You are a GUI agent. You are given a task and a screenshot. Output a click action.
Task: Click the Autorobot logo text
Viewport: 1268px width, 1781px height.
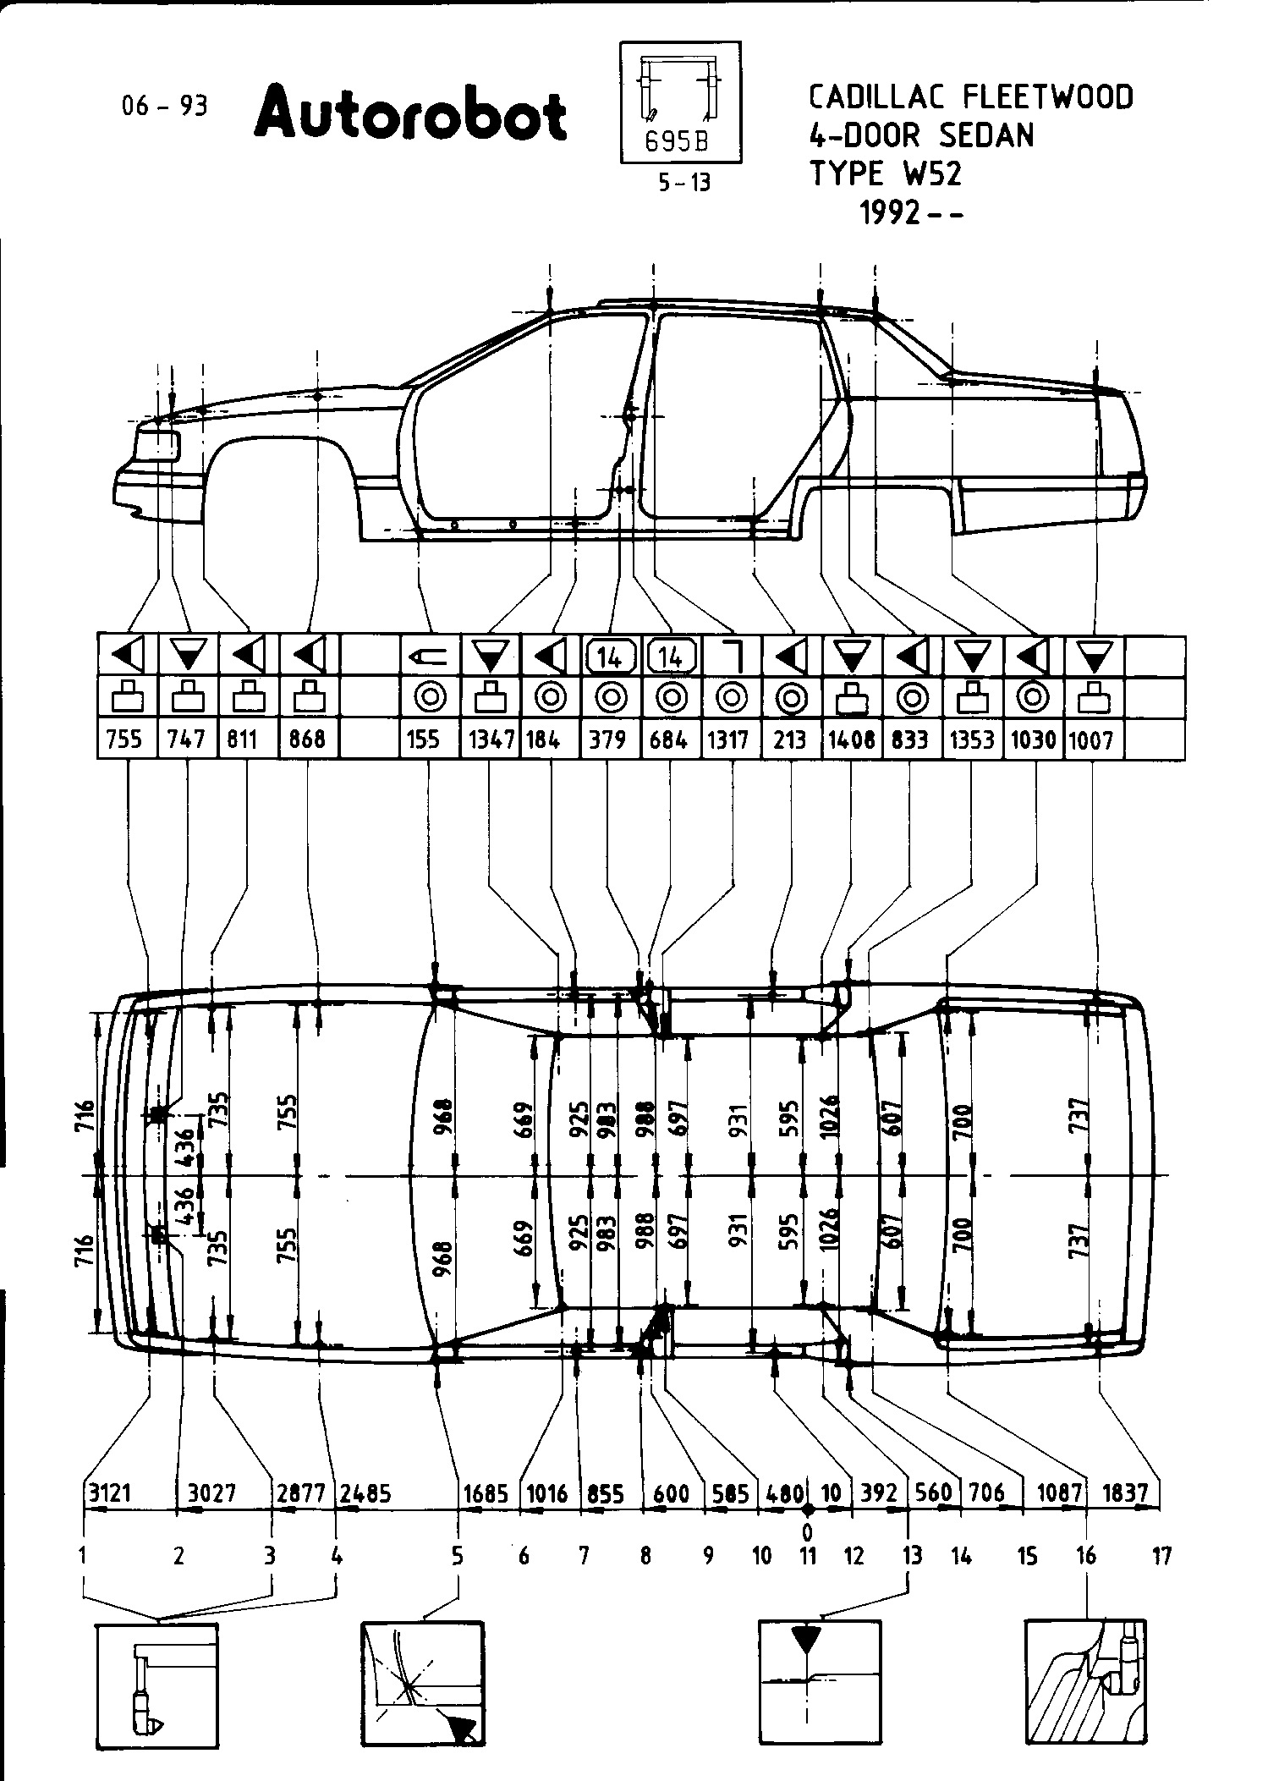409,114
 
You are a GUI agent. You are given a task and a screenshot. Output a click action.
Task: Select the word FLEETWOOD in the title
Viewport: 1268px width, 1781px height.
1048,97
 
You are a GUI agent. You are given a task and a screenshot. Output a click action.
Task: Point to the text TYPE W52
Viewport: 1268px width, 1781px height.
886,173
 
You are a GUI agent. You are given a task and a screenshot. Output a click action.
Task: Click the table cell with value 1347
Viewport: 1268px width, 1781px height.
491,739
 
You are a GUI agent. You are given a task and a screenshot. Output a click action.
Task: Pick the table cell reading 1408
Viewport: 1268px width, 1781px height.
851,739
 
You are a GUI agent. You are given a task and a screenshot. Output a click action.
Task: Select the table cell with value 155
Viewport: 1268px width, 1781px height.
423,739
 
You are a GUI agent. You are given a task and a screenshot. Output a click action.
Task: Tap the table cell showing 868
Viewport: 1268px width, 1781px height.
307,739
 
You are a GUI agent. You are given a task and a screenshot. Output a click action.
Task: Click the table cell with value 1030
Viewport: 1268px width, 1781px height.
1033,739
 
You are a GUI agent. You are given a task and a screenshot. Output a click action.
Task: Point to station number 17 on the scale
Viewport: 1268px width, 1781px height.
1162,1555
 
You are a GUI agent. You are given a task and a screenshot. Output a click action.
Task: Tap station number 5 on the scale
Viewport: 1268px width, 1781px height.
457,1555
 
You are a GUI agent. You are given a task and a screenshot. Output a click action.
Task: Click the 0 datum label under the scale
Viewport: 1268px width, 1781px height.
808,1531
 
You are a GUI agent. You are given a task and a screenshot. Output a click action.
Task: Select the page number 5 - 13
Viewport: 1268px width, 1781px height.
684,183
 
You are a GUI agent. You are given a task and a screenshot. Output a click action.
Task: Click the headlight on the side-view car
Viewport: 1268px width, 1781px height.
158,445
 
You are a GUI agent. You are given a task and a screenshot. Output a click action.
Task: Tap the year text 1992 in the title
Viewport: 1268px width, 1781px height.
890,213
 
